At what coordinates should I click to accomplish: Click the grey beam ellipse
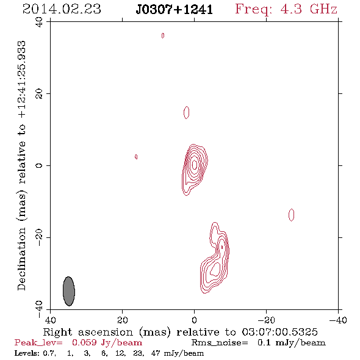tap(69, 291)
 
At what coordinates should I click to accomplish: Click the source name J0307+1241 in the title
tap(175, 9)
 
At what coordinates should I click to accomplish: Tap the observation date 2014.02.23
tap(62, 9)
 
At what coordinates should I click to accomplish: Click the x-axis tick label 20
tap(122, 320)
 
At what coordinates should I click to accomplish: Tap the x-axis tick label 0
tap(194, 320)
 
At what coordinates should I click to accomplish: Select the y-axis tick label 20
tap(39, 94)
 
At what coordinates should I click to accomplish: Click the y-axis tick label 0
tap(39, 165)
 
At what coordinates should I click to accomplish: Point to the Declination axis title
tap(21, 165)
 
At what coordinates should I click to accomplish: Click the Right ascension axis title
tap(180, 332)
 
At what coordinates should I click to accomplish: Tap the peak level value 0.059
tap(84, 342)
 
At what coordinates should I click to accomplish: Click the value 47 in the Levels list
tap(156, 353)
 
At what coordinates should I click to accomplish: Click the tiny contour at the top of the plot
tap(163, 35)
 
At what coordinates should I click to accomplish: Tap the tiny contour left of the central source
tap(136, 157)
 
